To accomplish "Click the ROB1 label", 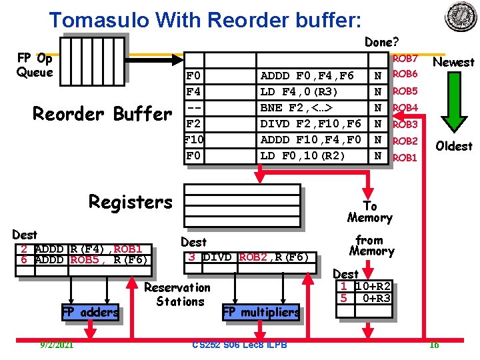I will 405,158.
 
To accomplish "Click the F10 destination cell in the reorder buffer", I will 195,139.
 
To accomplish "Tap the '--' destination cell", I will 195,107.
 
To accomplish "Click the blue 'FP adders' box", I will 90,311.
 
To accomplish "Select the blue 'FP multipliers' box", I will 261,312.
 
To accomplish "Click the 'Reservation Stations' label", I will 177,294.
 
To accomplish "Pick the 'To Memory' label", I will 369,212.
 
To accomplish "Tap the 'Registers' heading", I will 130,202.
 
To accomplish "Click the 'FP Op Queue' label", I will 35,65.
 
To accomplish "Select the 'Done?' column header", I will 379,42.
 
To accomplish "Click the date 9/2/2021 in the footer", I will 57,344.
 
